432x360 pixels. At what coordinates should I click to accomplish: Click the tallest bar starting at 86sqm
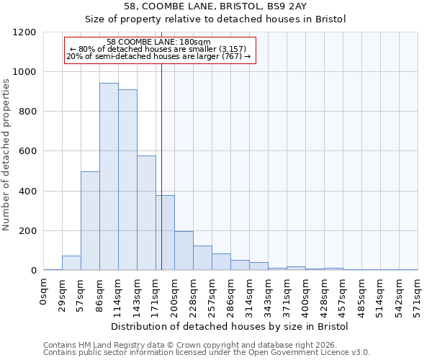coord(109,176)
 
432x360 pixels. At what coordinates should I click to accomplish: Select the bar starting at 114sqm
coord(127,180)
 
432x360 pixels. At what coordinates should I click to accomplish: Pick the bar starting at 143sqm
coord(146,213)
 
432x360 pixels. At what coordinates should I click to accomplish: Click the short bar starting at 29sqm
coord(71,263)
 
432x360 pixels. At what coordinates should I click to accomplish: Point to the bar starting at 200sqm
coord(184,251)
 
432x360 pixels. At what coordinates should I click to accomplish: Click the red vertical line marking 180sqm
coord(161,166)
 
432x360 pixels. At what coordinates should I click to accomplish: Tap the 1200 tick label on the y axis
coord(24,32)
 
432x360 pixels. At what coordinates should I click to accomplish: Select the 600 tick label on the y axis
coord(27,152)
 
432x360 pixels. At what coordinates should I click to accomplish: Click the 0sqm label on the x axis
coord(44,292)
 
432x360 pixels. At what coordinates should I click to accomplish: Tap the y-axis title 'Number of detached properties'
coord(6,155)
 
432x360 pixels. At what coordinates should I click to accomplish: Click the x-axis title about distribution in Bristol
coord(230,327)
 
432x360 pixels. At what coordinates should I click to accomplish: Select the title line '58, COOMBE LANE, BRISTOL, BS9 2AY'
coord(215,6)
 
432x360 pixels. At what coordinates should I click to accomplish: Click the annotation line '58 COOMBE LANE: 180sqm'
coord(158,42)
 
